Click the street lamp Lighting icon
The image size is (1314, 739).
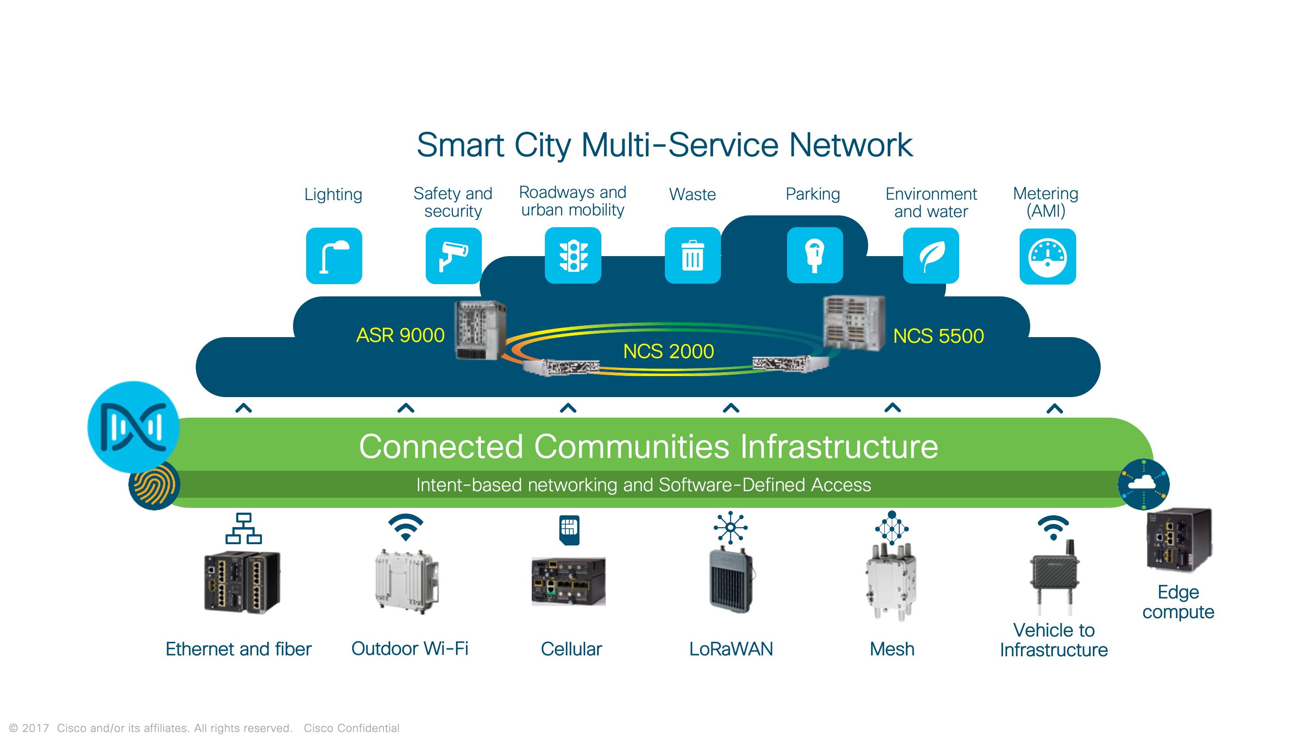[x=334, y=256]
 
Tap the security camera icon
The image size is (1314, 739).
[x=453, y=256]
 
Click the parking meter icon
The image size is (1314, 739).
[x=815, y=255]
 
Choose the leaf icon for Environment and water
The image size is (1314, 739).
[x=931, y=256]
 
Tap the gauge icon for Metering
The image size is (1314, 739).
[x=1048, y=256]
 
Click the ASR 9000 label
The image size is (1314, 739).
[x=400, y=335]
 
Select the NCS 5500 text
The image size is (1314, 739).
[x=939, y=336]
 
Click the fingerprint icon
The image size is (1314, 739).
[x=154, y=485]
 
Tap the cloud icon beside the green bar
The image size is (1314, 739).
[x=1144, y=484]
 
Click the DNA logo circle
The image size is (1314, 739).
[x=133, y=427]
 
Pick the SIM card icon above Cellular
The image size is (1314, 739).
[x=569, y=530]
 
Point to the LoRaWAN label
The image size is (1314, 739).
[x=731, y=649]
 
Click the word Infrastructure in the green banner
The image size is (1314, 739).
[x=839, y=446]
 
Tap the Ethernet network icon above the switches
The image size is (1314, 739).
[x=244, y=528]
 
